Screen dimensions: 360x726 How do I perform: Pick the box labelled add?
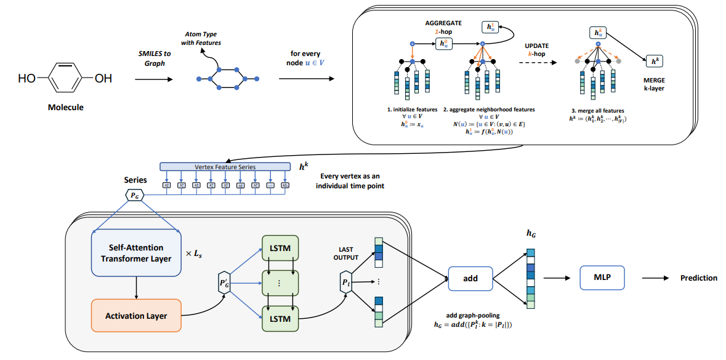point(471,279)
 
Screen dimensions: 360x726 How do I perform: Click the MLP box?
point(602,278)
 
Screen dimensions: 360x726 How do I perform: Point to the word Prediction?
point(698,278)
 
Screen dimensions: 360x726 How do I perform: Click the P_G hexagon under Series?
point(134,195)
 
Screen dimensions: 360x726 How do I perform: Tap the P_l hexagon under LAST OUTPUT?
point(347,282)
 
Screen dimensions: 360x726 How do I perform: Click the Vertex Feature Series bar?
point(224,167)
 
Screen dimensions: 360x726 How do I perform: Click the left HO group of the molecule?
point(26,79)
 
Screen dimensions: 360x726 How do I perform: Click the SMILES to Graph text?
point(156,58)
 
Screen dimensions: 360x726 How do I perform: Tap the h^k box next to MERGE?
point(653,61)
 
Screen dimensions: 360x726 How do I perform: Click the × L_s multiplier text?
point(195,254)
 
